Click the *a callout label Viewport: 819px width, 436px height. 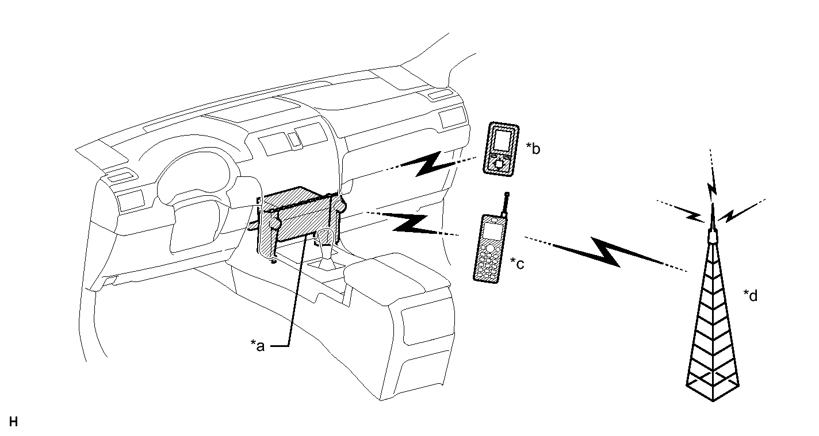258,345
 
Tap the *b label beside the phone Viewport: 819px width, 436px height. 533,149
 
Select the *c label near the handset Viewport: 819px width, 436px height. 518,263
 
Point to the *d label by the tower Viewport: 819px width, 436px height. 751,295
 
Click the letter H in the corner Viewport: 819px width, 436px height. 13,422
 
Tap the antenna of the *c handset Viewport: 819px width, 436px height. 506,205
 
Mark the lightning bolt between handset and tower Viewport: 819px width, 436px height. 607,252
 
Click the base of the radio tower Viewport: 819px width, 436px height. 713,387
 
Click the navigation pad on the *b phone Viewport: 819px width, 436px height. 498,163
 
